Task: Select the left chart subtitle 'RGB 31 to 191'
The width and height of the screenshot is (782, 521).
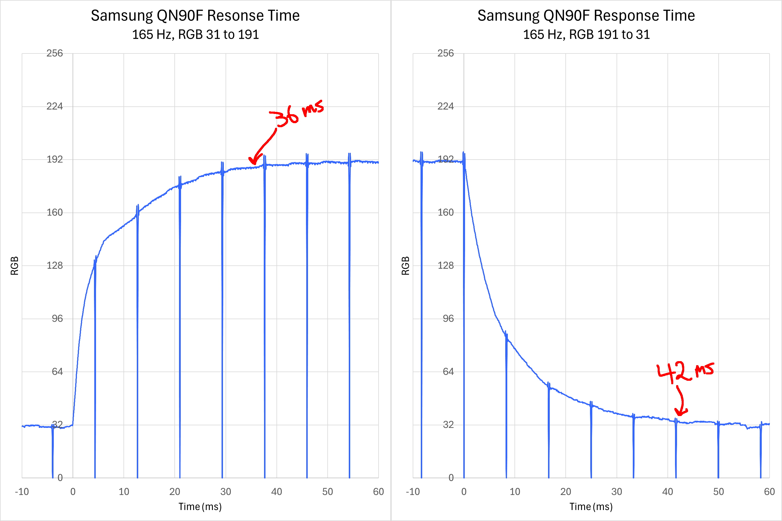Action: pyautogui.click(x=218, y=35)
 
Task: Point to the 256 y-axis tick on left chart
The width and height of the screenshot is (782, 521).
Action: pyautogui.click(x=54, y=53)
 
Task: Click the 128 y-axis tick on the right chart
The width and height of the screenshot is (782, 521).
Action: pyautogui.click(x=445, y=265)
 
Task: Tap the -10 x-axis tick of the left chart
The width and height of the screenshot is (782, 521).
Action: pyautogui.click(x=22, y=492)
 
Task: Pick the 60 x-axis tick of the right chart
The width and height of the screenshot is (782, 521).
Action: pyautogui.click(x=769, y=492)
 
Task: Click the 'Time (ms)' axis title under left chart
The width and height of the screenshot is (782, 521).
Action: pyautogui.click(x=200, y=507)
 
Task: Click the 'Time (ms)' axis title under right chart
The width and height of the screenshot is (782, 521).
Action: pyautogui.click(x=591, y=507)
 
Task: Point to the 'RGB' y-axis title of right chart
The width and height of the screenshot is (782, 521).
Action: pyautogui.click(x=405, y=266)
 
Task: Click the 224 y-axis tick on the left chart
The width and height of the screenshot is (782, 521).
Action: pyautogui.click(x=54, y=106)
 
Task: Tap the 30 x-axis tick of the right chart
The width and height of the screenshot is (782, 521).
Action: pyautogui.click(x=617, y=492)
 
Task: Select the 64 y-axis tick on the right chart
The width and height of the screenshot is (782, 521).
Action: pyautogui.click(x=448, y=372)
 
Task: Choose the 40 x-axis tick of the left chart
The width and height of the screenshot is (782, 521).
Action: pyautogui.click(x=276, y=492)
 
